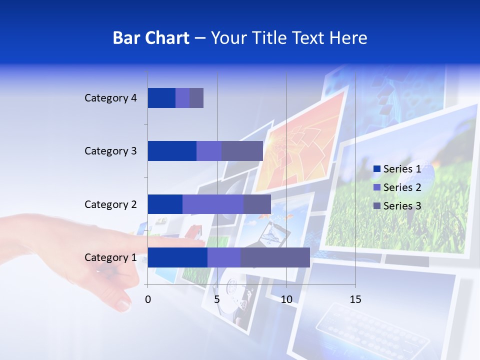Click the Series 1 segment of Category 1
[x=177, y=257]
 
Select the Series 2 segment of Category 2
[x=212, y=204]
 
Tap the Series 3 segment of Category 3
[x=242, y=151]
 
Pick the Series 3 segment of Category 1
[x=275, y=257]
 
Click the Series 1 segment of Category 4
[x=161, y=98]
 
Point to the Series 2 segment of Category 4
[x=182, y=98]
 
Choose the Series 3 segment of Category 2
[x=257, y=204]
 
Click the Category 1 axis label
[x=110, y=257]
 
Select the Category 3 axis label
[x=110, y=151]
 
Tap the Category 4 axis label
[x=110, y=98]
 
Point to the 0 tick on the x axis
[x=148, y=299]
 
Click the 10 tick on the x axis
[x=286, y=299]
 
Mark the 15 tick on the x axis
[x=355, y=299]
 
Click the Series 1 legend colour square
[x=376, y=169]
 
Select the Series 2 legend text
[x=402, y=187]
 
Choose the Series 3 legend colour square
[x=376, y=206]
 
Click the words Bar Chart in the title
[x=150, y=38]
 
